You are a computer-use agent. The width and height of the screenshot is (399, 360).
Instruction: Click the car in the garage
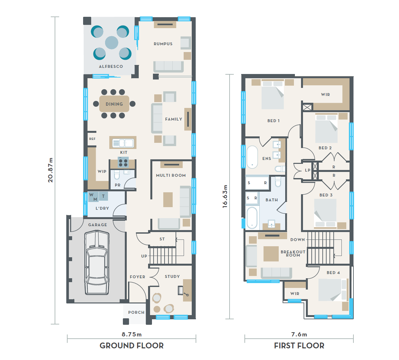coord(97,262)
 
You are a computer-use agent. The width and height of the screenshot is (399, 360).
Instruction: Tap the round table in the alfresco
coord(112,43)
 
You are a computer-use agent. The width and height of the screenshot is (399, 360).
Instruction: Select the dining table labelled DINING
coord(114,104)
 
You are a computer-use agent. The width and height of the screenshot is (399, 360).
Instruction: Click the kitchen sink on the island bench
coord(123,143)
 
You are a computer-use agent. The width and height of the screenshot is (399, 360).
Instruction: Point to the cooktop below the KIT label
coord(123,162)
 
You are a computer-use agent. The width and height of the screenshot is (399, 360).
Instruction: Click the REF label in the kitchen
coord(92,139)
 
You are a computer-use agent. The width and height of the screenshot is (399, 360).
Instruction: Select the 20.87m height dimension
coord(50,170)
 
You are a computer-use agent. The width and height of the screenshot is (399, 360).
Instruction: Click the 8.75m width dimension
coord(132,334)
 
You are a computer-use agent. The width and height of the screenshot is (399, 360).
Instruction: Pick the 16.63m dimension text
coord(225,196)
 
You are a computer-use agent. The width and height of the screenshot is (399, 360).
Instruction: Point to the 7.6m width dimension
coord(299,334)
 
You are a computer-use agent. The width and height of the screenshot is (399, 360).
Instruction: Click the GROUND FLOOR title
coord(132,345)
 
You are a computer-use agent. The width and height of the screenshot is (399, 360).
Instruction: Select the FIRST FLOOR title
coord(299,345)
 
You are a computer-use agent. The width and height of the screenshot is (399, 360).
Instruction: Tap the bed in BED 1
coord(273,95)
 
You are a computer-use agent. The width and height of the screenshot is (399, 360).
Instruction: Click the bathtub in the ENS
coord(252,157)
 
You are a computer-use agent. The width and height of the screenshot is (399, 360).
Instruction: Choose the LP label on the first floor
coord(308,170)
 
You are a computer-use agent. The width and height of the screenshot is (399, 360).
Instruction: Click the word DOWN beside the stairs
coord(297,240)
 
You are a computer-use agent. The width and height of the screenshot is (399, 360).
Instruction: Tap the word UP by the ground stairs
coord(144,256)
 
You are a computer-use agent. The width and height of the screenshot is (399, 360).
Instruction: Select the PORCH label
coord(136,312)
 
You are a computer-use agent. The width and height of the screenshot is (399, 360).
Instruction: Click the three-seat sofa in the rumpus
coord(168,67)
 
